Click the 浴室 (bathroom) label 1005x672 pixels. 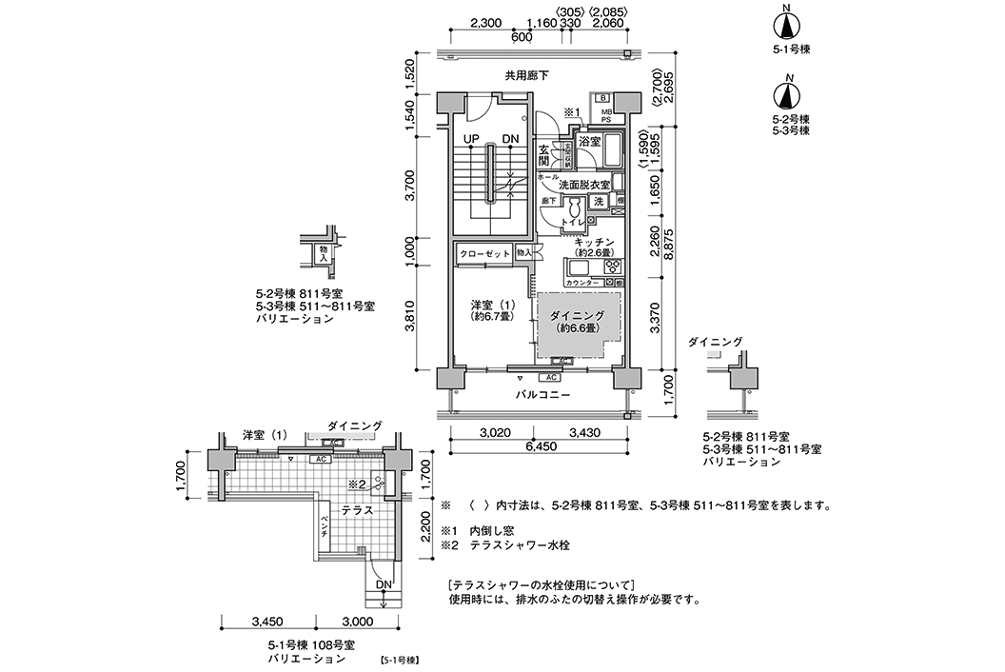click(x=589, y=142)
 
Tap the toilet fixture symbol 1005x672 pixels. click(x=576, y=208)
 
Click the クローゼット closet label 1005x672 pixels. click(x=484, y=253)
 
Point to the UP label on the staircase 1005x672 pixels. click(x=470, y=139)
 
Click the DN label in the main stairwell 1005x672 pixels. click(x=511, y=139)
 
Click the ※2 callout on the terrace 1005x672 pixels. click(x=357, y=484)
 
